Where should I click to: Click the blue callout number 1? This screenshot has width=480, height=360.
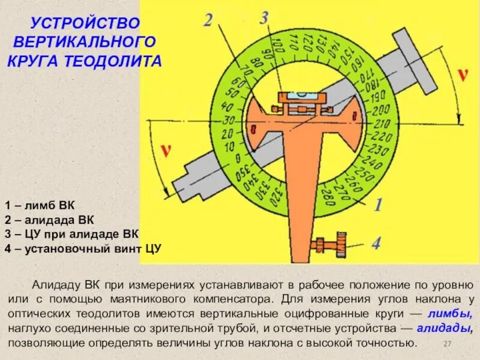(x=379, y=206)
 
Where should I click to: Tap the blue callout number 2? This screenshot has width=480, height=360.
(x=208, y=21)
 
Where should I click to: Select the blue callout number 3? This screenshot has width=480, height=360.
(x=264, y=18)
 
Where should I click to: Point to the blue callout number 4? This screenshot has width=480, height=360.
(x=376, y=244)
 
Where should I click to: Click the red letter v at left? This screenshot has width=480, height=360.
(x=164, y=151)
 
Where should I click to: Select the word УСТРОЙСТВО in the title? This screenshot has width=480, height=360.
(x=85, y=24)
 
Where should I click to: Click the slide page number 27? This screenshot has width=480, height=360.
(x=446, y=343)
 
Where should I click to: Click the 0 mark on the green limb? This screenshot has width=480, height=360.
(x=238, y=158)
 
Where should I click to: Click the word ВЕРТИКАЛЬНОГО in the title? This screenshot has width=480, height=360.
(x=85, y=43)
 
